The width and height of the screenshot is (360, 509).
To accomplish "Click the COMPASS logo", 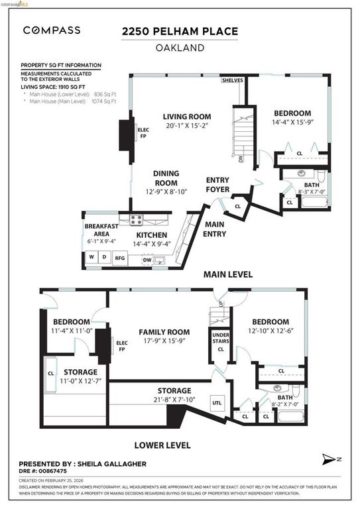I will point(52,30).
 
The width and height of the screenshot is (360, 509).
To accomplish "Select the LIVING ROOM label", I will point(186,117).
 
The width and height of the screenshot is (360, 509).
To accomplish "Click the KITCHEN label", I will point(152,235).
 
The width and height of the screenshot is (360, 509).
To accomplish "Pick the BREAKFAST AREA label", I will point(101,230).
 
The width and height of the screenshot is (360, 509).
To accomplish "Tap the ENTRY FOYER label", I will point(218,185).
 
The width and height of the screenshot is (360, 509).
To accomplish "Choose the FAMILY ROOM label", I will point(164,332).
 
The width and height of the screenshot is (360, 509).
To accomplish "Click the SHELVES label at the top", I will point(233,80).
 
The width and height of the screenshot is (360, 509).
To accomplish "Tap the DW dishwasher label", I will point(147,260).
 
